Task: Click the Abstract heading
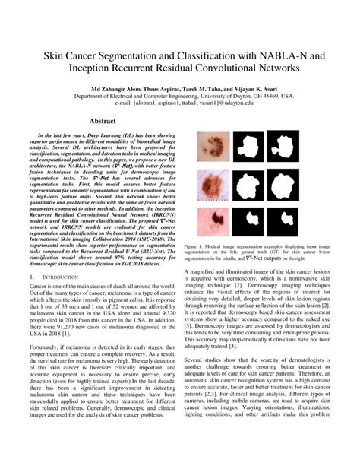[103, 122]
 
